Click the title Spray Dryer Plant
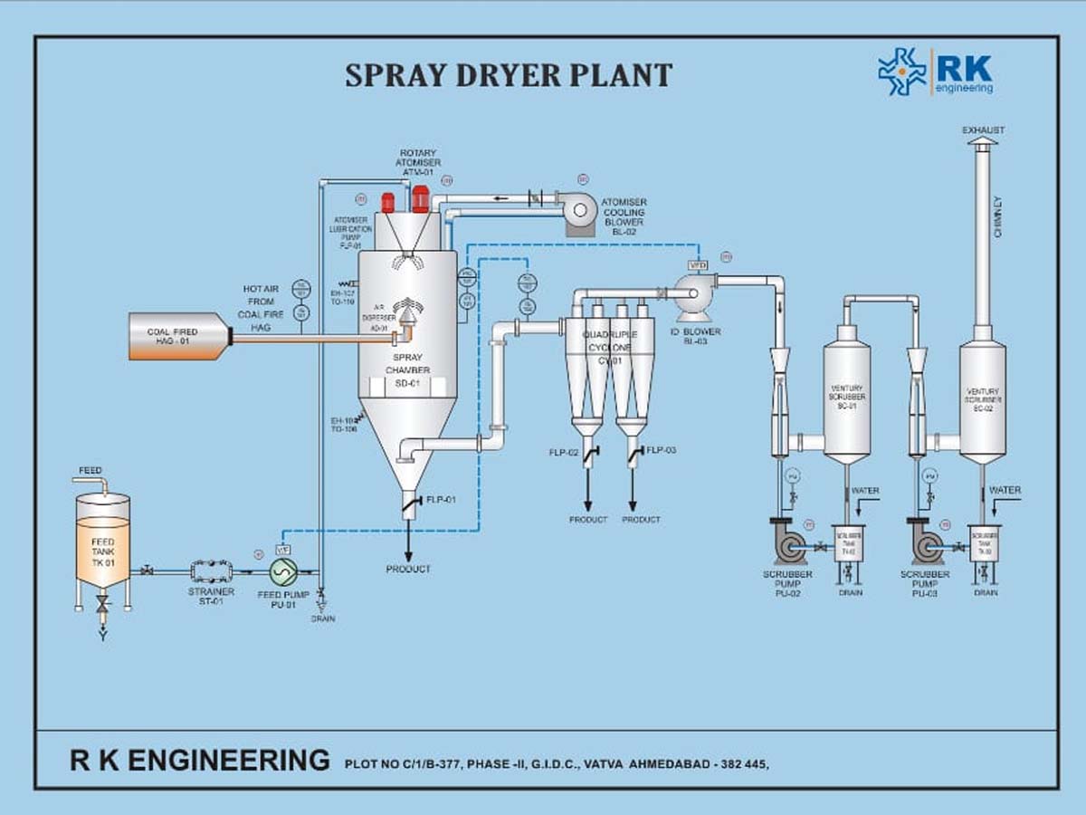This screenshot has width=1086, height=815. click(508, 74)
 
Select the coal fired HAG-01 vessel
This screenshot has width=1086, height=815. click(179, 336)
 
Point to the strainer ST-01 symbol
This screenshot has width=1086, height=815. click(211, 570)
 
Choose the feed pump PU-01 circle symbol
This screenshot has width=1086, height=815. click(283, 571)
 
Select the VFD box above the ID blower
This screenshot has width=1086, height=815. click(698, 264)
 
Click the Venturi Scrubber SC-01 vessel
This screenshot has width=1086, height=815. click(847, 394)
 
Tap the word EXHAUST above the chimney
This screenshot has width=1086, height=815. click(983, 130)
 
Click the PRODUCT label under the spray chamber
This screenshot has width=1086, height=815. click(408, 569)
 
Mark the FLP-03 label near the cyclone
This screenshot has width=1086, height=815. click(662, 450)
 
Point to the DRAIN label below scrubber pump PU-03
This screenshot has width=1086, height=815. click(986, 592)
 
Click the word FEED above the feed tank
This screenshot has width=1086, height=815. click(90, 470)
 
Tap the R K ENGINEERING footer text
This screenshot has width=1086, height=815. click(200, 759)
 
